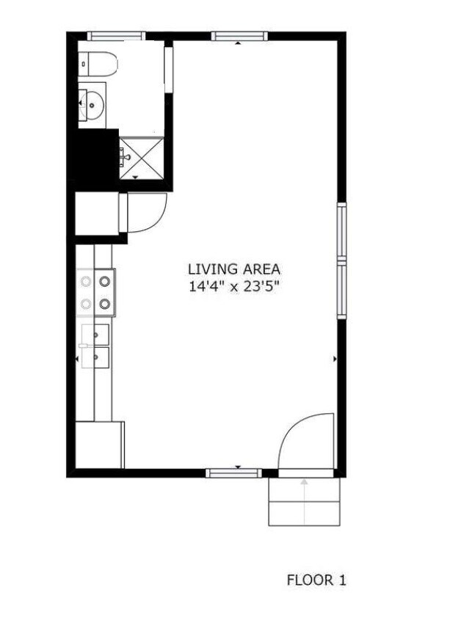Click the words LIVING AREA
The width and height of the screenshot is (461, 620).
(x=234, y=269)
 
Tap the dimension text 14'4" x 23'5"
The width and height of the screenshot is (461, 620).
(x=234, y=287)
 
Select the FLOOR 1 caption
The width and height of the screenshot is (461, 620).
(x=316, y=580)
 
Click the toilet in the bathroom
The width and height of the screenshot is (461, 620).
(x=99, y=64)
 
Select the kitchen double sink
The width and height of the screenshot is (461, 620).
(x=95, y=346)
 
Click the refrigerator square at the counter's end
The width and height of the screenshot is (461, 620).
(x=99, y=443)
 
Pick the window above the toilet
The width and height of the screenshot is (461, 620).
(x=116, y=36)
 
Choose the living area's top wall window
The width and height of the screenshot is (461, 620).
(x=239, y=36)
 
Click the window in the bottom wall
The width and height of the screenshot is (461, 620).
(x=233, y=473)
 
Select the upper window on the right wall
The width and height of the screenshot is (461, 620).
(x=341, y=230)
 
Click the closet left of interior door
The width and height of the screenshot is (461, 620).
(x=97, y=214)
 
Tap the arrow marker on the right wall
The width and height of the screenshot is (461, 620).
(x=335, y=359)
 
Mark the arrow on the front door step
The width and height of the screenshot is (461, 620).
(x=305, y=482)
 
